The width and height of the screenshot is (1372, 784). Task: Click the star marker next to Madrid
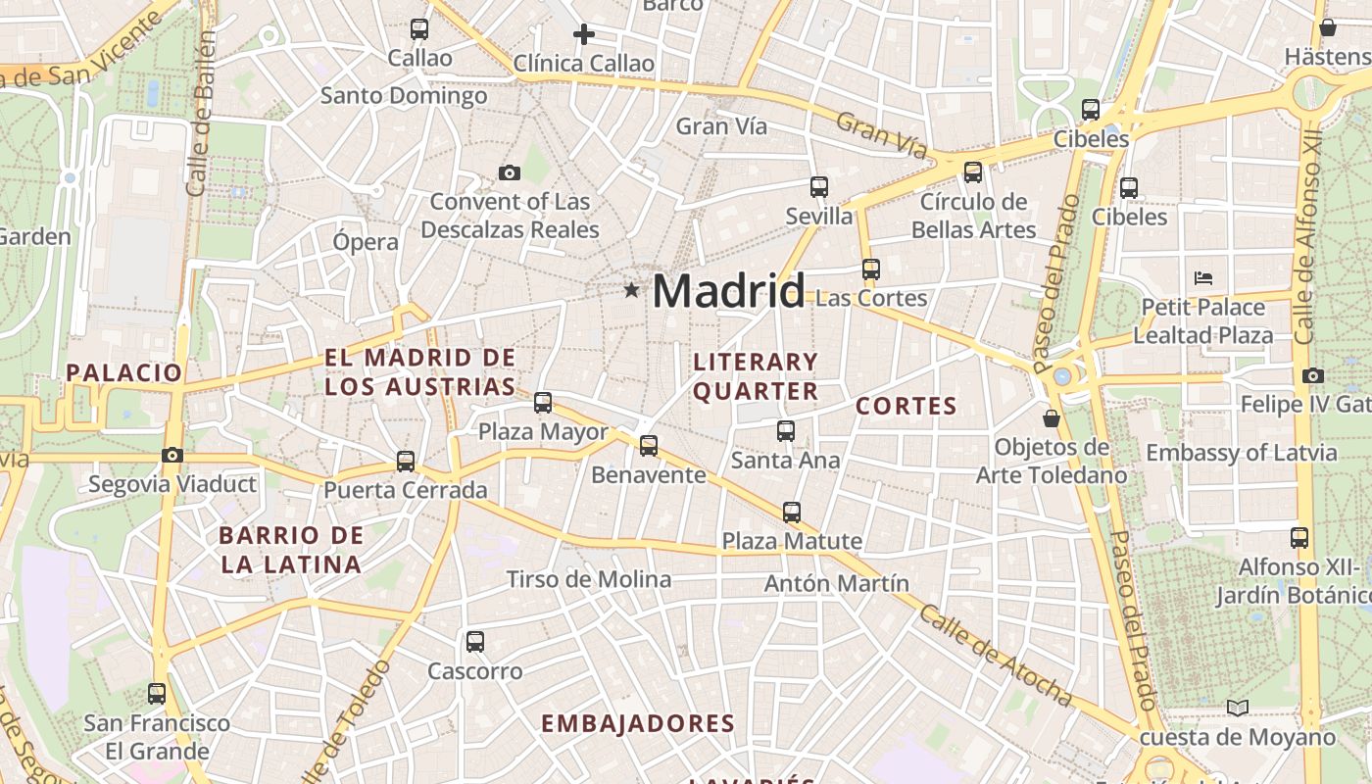(631, 290)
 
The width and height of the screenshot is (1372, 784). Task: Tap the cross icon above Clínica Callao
(584, 34)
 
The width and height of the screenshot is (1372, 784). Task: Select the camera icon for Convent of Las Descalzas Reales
(509, 173)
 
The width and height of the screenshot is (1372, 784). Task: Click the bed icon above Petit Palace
(1203, 278)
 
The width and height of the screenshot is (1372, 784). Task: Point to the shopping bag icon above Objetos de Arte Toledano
(1052, 418)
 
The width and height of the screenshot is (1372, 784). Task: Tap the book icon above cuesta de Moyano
(1238, 708)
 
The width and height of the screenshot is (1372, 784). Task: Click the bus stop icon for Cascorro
(475, 642)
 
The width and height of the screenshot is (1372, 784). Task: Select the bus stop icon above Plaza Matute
(792, 512)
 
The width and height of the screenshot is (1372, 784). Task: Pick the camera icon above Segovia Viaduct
(172, 455)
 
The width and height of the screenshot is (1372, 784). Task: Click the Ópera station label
(366, 242)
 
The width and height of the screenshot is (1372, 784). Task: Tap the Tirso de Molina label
(588, 579)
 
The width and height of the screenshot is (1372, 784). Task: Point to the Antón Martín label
(836, 583)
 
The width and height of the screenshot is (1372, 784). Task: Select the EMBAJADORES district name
(637, 724)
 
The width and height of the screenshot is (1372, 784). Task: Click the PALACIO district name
(124, 372)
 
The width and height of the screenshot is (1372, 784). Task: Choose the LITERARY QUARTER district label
(756, 376)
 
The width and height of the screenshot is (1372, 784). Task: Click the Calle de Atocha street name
(996, 656)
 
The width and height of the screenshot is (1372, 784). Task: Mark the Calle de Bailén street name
(201, 113)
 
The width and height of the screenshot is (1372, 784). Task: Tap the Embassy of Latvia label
(1241, 453)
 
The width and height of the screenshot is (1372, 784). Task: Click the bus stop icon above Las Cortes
(870, 269)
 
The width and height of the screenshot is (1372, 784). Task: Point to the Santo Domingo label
(404, 96)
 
